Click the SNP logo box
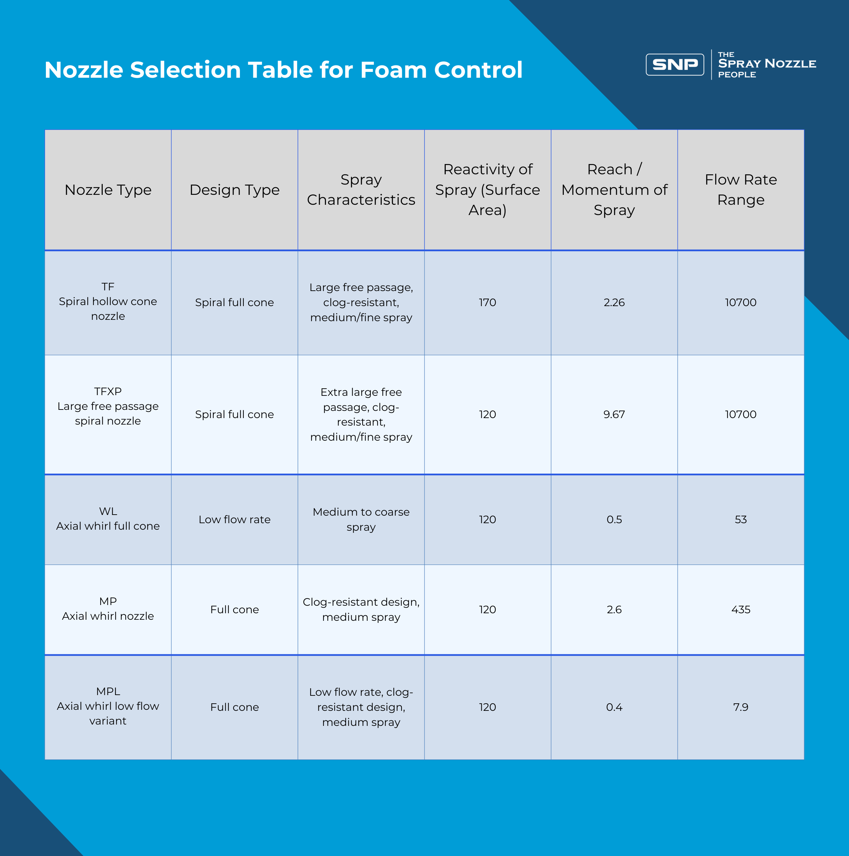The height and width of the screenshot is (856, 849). (674, 65)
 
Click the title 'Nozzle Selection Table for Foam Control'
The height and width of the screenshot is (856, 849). (283, 70)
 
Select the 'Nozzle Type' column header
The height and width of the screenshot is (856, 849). (108, 190)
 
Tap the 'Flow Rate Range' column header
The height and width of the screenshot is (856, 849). (740, 190)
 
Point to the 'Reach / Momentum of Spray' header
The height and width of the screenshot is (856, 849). (614, 190)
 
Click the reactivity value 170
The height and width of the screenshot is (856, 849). (487, 303)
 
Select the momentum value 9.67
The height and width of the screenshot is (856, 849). (614, 415)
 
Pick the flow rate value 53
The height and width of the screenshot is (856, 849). (740, 520)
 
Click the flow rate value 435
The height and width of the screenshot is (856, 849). (740, 610)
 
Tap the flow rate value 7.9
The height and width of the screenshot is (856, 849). (740, 707)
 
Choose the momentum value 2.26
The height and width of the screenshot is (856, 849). (614, 303)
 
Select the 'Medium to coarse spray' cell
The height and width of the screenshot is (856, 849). (361, 519)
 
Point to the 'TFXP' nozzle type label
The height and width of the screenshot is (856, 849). (108, 392)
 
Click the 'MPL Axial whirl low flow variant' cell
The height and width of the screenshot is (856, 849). (108, 706)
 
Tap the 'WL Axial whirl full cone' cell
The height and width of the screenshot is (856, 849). (108, 519)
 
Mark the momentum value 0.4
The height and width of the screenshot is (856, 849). (614, 707)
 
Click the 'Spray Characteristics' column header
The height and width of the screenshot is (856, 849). (361, 190)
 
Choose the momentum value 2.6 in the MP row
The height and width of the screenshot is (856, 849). (614, 610)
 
